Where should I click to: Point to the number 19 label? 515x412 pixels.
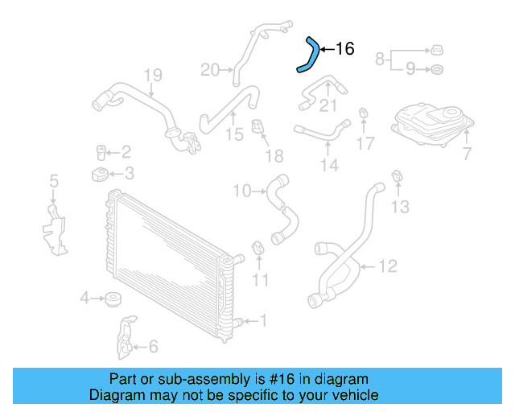point(153,76)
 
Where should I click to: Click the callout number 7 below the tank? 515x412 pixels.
point(467,153)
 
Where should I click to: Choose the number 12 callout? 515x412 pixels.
point(388,264)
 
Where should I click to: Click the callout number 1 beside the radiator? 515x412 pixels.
point(262,321)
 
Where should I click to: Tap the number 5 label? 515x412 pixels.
point(54,181)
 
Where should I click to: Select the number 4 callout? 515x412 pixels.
point(84,299)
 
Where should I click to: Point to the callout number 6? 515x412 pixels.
point(153,347)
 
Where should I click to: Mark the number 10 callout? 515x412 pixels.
point(242,191)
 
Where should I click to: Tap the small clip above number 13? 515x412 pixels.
point(397,177)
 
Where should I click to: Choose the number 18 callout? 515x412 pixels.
point(274,155)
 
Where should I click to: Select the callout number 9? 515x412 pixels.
point(410,70)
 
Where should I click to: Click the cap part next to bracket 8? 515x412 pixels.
point(435,46)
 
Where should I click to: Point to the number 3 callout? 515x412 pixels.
point(128,173)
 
